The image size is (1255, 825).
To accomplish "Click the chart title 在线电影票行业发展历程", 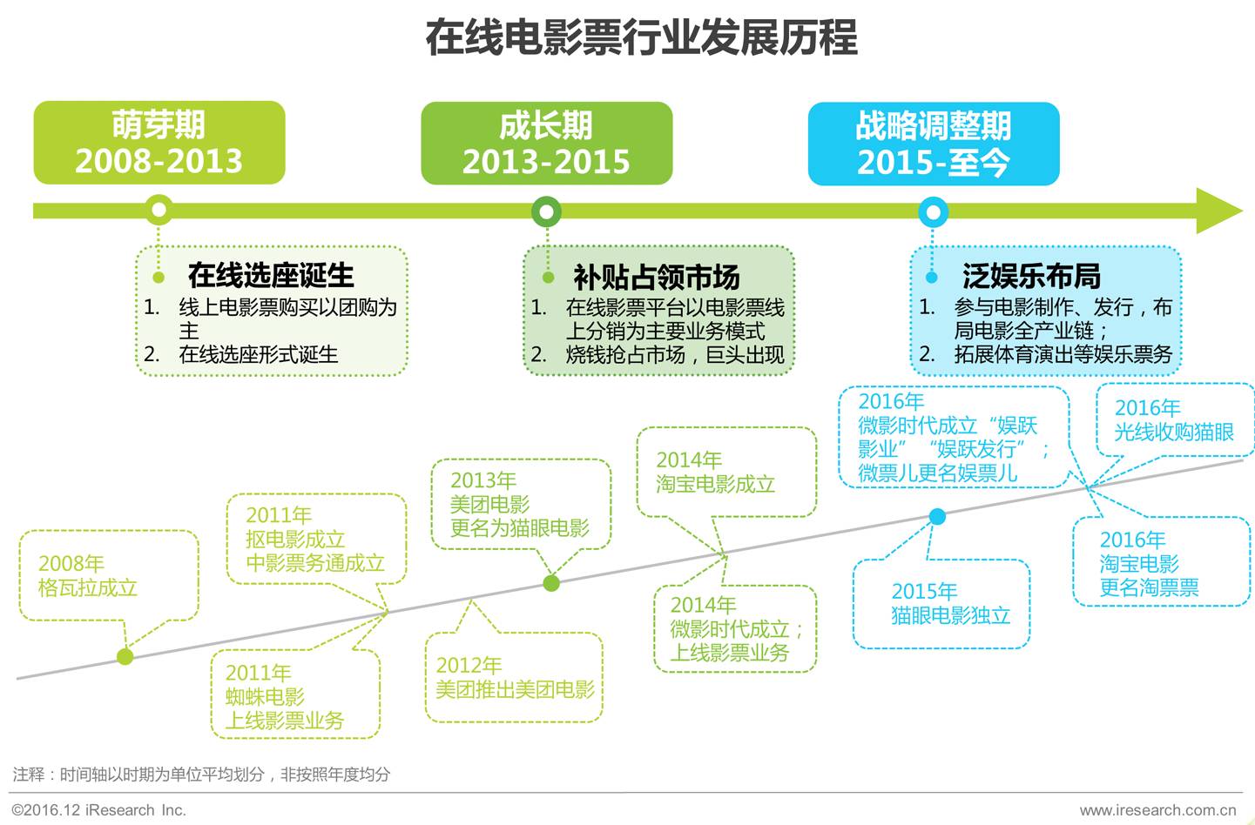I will [641, 38].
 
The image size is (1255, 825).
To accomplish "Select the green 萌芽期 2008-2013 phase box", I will [159, 143].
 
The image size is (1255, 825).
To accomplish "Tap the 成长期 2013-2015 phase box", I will [546, 144].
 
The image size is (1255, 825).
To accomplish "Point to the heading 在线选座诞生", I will [271, 275].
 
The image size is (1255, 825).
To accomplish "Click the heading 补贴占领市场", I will [657, 277].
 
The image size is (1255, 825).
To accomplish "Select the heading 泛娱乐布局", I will [1031, 276].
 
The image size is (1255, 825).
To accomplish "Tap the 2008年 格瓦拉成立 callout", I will [107, 575].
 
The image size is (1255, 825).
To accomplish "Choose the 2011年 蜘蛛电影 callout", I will [294, 696].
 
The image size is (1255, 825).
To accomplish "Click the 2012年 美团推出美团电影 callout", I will [514, 678].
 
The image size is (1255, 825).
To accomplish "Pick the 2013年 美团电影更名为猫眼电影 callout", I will [520, 504].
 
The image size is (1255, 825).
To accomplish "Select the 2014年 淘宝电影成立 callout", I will [725, 473].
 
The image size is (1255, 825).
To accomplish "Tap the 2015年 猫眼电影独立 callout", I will [941, 603].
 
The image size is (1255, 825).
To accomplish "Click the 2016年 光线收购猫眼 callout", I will [1173, 419].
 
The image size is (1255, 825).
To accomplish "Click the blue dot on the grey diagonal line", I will [937, 517].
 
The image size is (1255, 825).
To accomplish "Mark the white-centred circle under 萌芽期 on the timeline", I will [159, 210].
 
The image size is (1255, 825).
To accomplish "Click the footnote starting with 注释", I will [201, 774].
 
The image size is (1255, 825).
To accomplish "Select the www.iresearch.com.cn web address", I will [1157, 810].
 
